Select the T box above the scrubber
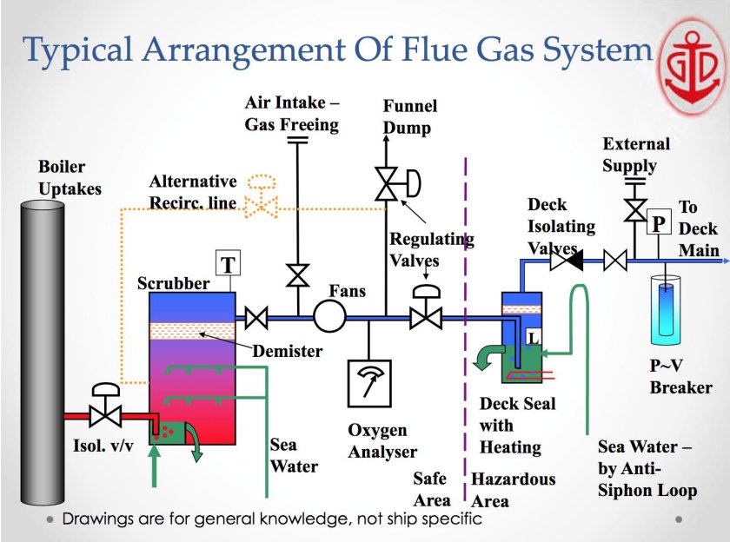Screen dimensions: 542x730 pyautogui.click(x=227, y=264)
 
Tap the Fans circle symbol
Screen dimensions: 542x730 pyautogui.click(x=330, y=316)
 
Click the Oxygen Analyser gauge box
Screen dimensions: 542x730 pyautogui.click(x=372, y=383)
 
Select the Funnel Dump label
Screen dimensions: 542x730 pyautogui.click(x=410, y=117)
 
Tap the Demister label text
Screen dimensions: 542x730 pyautogui.click(x=288, y=352)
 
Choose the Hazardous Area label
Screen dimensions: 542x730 pyautogui.click(x=513, y=490)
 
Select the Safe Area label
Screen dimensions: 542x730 pyautogui.click(x=431, y=489)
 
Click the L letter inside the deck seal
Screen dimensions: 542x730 pyautogui.click(x=533, y=334)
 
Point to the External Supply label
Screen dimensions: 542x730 pyautogui.click(x=636, y=155)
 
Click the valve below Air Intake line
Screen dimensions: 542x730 pyautogui.click(x=298, y=276)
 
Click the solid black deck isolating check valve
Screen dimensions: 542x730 pyautogui.click(x=570, y=258)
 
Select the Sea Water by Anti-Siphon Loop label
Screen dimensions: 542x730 pyautogui.click(x=647, y=469)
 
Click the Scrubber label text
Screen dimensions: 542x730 pyautogui.click(x=173, y=284)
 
